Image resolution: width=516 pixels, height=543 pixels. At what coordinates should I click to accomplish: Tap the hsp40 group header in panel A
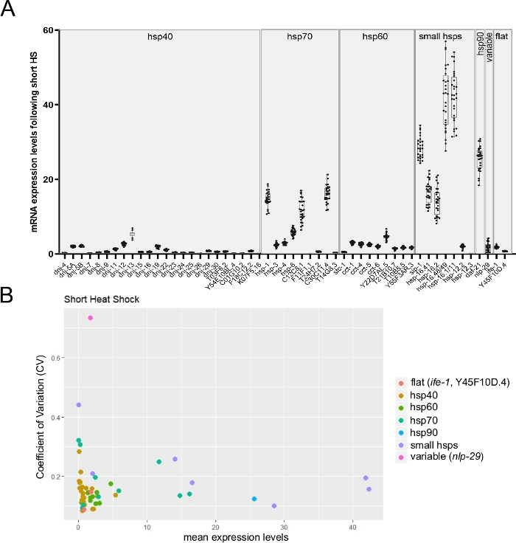(x=160, y=35)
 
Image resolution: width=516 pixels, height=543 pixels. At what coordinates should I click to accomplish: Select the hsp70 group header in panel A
(x=299, y=35)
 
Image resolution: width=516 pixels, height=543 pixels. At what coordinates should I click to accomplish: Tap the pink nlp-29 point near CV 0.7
(x=90, y=318)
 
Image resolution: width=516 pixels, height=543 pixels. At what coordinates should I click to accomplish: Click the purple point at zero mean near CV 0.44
(x=78, y=405)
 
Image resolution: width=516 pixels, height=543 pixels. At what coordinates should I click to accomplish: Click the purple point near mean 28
(x=274, y=506)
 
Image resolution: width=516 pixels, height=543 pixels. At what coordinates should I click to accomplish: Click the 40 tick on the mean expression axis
(x=353, y=525)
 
